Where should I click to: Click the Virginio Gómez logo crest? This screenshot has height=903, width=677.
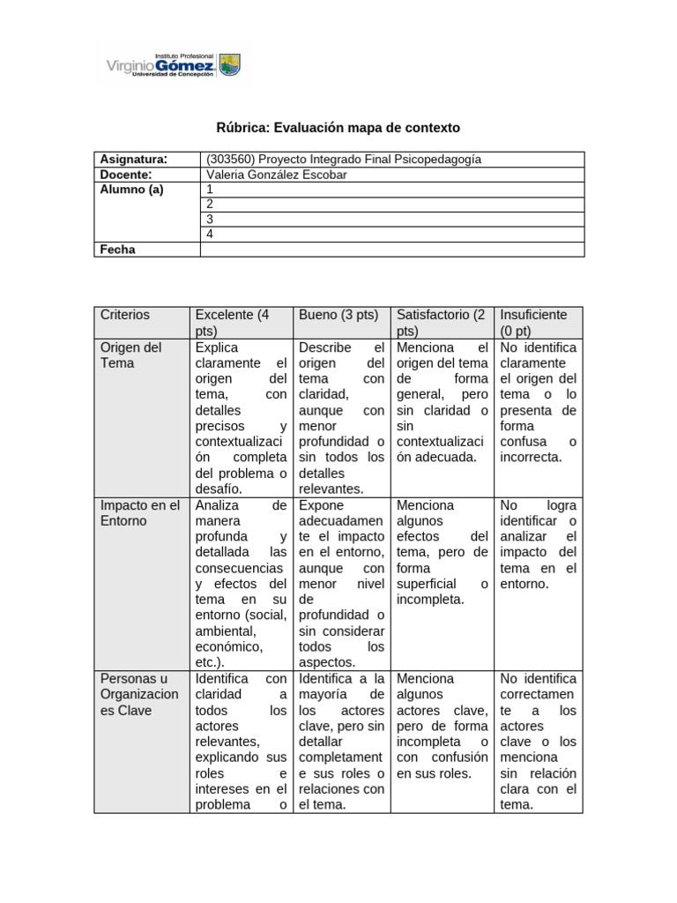tap(229, 64)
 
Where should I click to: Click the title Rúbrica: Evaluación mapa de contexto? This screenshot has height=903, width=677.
tap(338, 128)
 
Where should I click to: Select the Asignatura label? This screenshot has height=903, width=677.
tap(134, 160)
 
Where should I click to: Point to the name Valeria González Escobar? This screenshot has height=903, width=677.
tap(276, 175)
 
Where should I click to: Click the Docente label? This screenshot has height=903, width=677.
tap(127, 175)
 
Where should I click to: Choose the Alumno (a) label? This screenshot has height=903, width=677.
tap(132, 190)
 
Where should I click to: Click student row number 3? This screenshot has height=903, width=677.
tap(210, 220)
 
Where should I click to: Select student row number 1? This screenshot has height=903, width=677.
tap(210, 190)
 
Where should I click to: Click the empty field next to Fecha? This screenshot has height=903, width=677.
tap(392, 250)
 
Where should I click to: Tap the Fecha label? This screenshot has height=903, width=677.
tap(118, 250)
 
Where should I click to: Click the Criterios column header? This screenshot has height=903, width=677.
tap(125, 315)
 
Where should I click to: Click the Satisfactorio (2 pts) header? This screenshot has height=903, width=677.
tap(441, 323)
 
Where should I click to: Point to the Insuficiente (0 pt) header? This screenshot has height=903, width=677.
tap(535, 323)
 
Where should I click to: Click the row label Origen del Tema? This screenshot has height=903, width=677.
tap(131, 355)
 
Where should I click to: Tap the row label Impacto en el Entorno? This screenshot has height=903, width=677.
tap(140, 513)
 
